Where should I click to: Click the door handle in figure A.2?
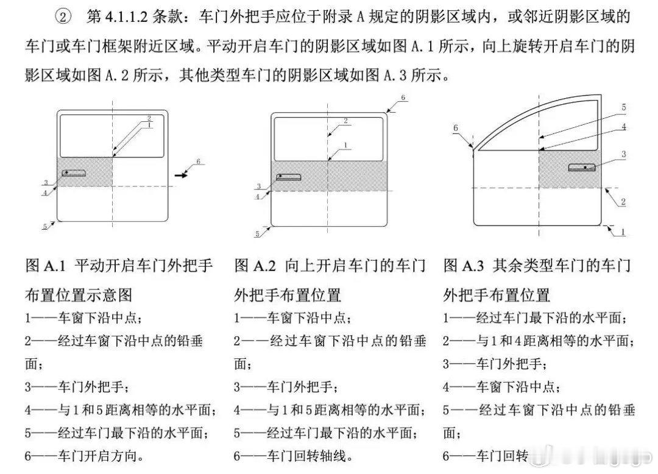289,177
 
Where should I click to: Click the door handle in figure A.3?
582,167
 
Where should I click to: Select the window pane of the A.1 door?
113,135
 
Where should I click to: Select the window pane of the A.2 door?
328,136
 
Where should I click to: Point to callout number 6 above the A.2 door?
403,97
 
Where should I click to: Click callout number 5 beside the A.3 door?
623,107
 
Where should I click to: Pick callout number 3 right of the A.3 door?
623,155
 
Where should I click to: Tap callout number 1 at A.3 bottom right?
623,232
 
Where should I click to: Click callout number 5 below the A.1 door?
44,226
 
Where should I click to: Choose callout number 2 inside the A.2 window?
345,121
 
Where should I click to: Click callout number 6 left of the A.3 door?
455,127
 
